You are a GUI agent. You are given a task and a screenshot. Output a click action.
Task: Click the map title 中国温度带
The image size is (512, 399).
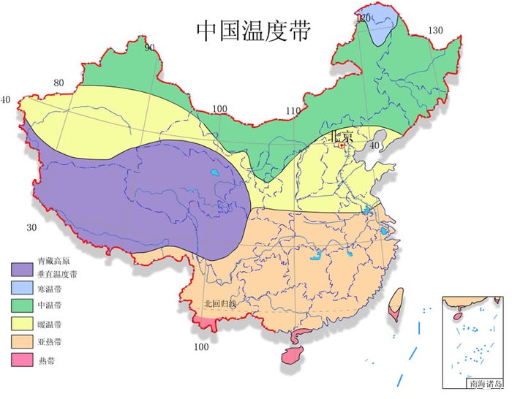click(x=254, y=31)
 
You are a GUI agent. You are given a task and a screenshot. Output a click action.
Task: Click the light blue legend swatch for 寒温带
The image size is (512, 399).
click(x=23, y=288)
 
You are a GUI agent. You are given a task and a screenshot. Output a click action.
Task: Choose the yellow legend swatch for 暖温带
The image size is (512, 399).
click(x=23, y=324)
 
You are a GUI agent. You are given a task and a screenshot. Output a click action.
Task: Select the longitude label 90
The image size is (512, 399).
click(x=150, y=48)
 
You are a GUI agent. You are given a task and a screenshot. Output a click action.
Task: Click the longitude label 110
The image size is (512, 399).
click(x=293, y=111)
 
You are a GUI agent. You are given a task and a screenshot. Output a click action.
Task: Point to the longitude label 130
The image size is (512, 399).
click(x=435, y=30)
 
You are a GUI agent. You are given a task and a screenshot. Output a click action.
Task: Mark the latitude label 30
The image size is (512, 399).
click(x=31, y=227)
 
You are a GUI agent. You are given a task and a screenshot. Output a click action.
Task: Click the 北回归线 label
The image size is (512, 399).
click(x=219, y=303)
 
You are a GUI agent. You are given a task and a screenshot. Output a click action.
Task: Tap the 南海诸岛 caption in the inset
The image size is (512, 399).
click(x=484, y=382)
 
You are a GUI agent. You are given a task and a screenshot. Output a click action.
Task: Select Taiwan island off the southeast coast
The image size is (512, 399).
click(x=396, y=303)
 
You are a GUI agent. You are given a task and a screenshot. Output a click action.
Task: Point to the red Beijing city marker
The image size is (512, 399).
click(x=342, y=145)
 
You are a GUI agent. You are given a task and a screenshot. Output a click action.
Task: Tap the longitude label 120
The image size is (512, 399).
click(x=364, y=17)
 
